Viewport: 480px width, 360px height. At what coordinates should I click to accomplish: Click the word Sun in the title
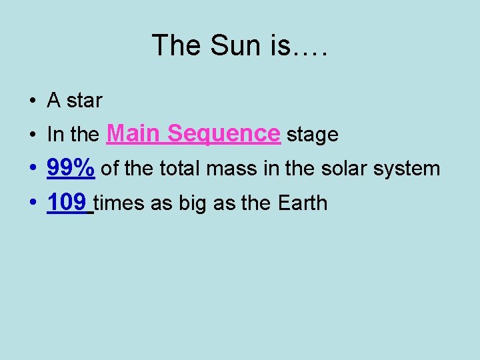(x=227, y=46)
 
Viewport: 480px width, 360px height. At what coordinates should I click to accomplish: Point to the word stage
(x=312, y=135)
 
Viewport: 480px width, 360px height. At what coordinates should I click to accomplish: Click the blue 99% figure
(x=71, y=169)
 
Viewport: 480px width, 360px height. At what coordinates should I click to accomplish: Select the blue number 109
(x=67, y=203)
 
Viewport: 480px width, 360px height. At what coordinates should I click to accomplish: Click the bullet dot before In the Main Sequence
(x=32, y=135)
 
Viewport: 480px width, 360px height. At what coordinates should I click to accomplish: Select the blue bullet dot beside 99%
(x=32, y=169)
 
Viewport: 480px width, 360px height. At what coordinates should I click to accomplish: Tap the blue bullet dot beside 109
(x=32, y=203)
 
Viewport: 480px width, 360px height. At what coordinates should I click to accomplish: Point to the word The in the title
(x=175, y=46)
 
